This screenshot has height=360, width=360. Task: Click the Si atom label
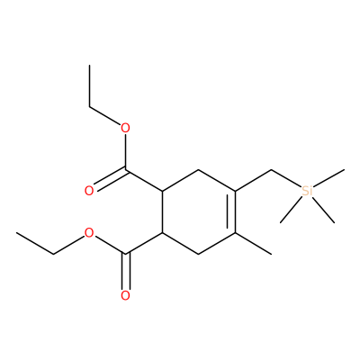coord(307,191)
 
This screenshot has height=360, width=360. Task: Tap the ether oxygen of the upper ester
coord(125,129)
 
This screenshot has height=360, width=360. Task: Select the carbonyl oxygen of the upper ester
coord(89,191)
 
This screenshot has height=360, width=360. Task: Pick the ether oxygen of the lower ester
coord(89,233)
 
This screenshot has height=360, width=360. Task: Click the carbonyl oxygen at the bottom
coord(125,295)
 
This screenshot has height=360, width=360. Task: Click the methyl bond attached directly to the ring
coord(253,244)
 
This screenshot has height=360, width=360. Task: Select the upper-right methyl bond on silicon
coord(328,178)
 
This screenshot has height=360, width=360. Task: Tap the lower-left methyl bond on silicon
coord(292,210)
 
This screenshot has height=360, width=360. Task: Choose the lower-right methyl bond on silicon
coord(323,210)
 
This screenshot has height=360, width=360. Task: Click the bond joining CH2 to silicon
coord(286,179)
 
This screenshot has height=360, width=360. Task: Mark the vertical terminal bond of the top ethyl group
coord(89,85)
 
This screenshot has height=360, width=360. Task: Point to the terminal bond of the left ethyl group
coord(35,244)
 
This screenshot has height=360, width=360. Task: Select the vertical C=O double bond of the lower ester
coord(125,272)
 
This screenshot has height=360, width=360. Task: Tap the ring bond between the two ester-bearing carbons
coord(162,211)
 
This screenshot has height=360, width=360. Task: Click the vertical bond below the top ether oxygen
coord(125,152)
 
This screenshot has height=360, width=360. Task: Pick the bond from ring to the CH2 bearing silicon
coord(253,180)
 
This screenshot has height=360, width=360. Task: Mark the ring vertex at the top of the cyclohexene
coord(199,170)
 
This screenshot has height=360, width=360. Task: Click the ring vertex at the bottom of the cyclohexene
coord(199,254)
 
